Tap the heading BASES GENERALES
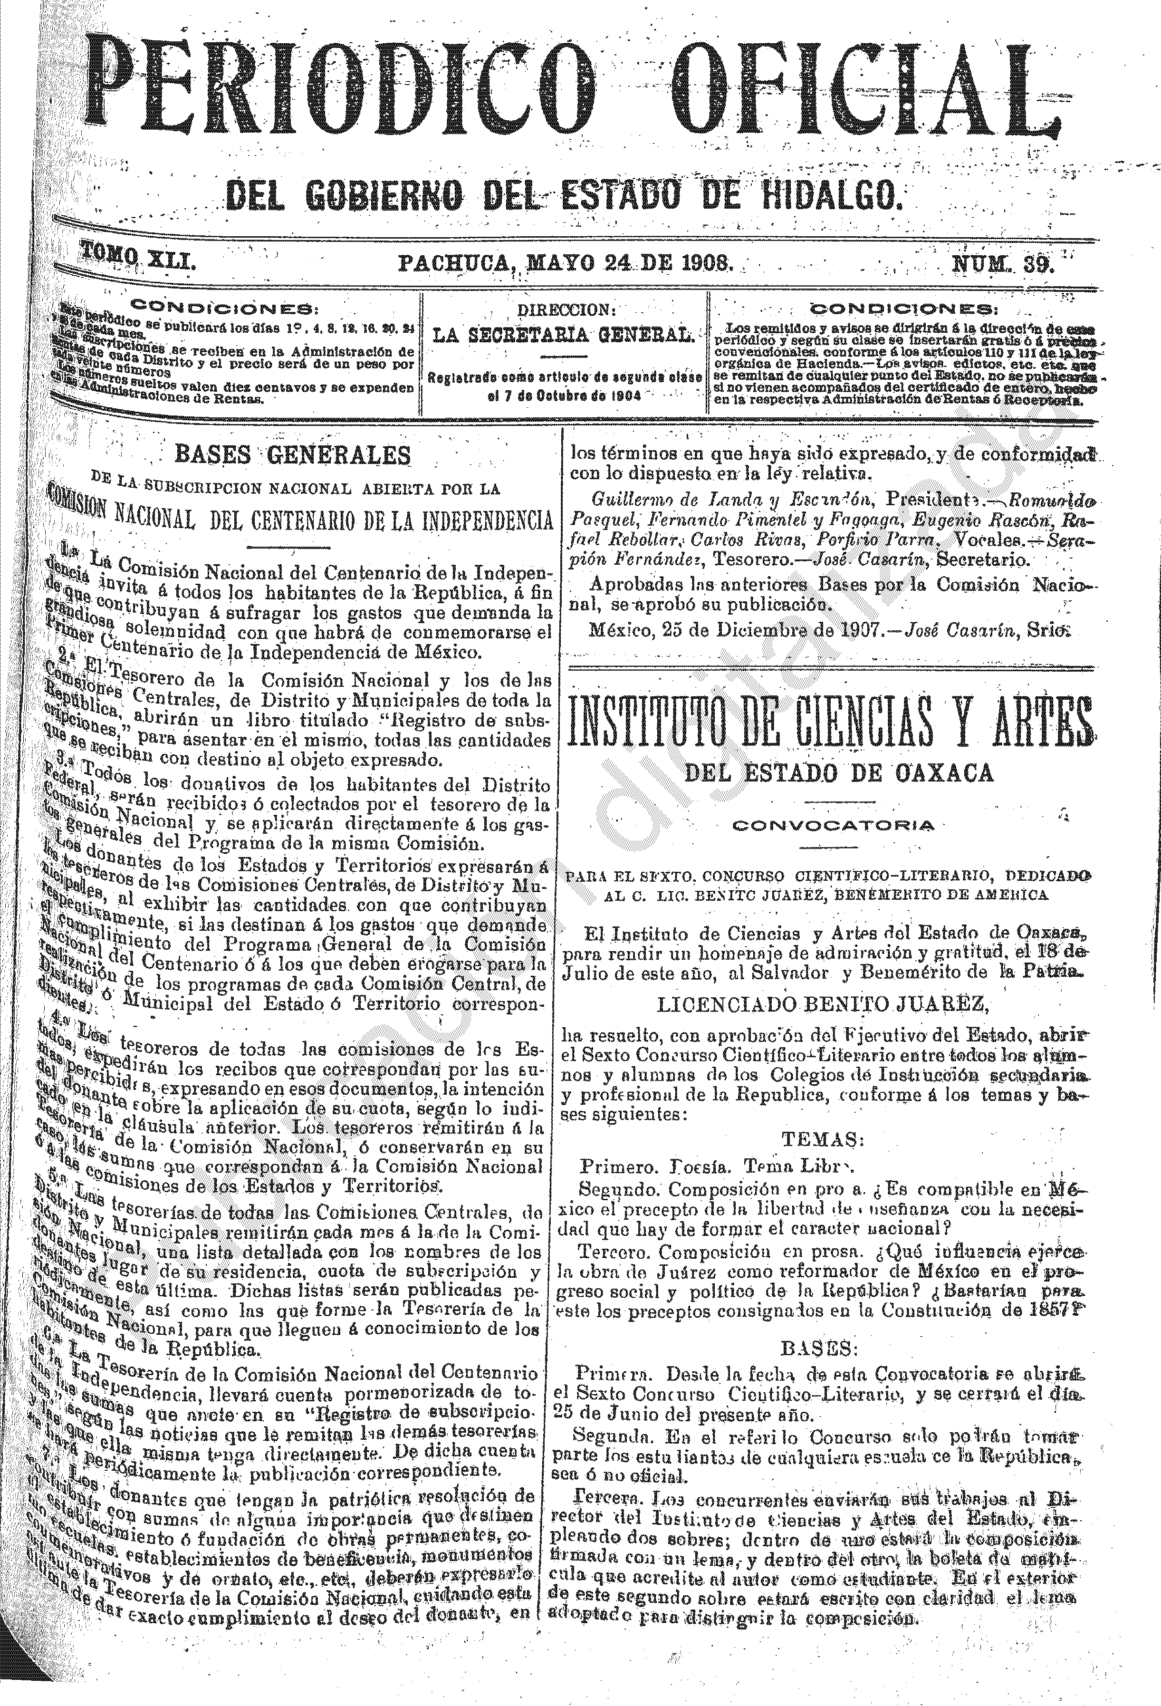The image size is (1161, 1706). pos(292,455)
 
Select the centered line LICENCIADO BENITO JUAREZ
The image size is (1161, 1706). pos(824,1001)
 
